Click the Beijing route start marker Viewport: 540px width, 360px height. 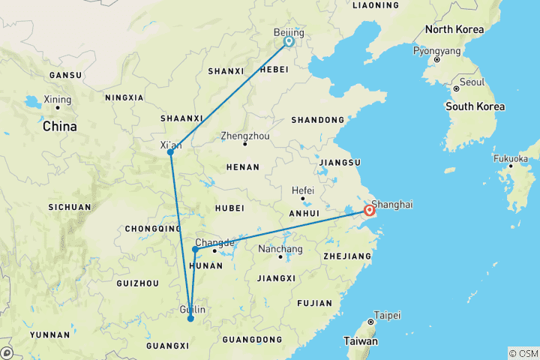click(289, 42)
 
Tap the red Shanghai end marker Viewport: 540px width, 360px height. click(370, 211)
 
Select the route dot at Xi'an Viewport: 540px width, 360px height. click(171, 152)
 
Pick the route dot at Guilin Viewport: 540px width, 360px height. click(190, 319)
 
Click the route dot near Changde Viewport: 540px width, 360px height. click(195, 249)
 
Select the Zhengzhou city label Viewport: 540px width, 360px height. click(245, 136)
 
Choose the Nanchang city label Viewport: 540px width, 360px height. click(280, 249)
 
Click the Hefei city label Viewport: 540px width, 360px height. click(302, 190)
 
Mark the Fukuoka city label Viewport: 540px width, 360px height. click(510, 159)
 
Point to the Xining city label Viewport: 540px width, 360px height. click(58, 100)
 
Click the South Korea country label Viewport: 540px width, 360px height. click(475, 106)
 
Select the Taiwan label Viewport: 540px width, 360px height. click(361, 340)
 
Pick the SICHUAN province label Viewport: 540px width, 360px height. click(70, 207)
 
